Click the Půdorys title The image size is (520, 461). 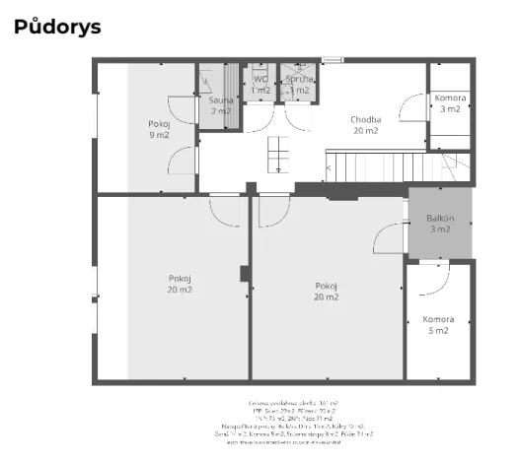(57, 28)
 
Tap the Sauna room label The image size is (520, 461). (221, 105)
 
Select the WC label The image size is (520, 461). (260, 85)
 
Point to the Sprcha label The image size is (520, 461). (299, 85)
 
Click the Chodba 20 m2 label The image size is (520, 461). (365, 125)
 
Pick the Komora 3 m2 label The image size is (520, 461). (450, 103)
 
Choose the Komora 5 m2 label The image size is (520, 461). (438, 325)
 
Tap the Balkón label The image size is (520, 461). (440, 224)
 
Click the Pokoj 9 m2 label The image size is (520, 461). (159, 129)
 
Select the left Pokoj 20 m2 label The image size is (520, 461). (180, 285)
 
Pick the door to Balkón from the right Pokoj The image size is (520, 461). (390, 237)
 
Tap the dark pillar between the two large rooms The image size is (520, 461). (245, 273)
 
